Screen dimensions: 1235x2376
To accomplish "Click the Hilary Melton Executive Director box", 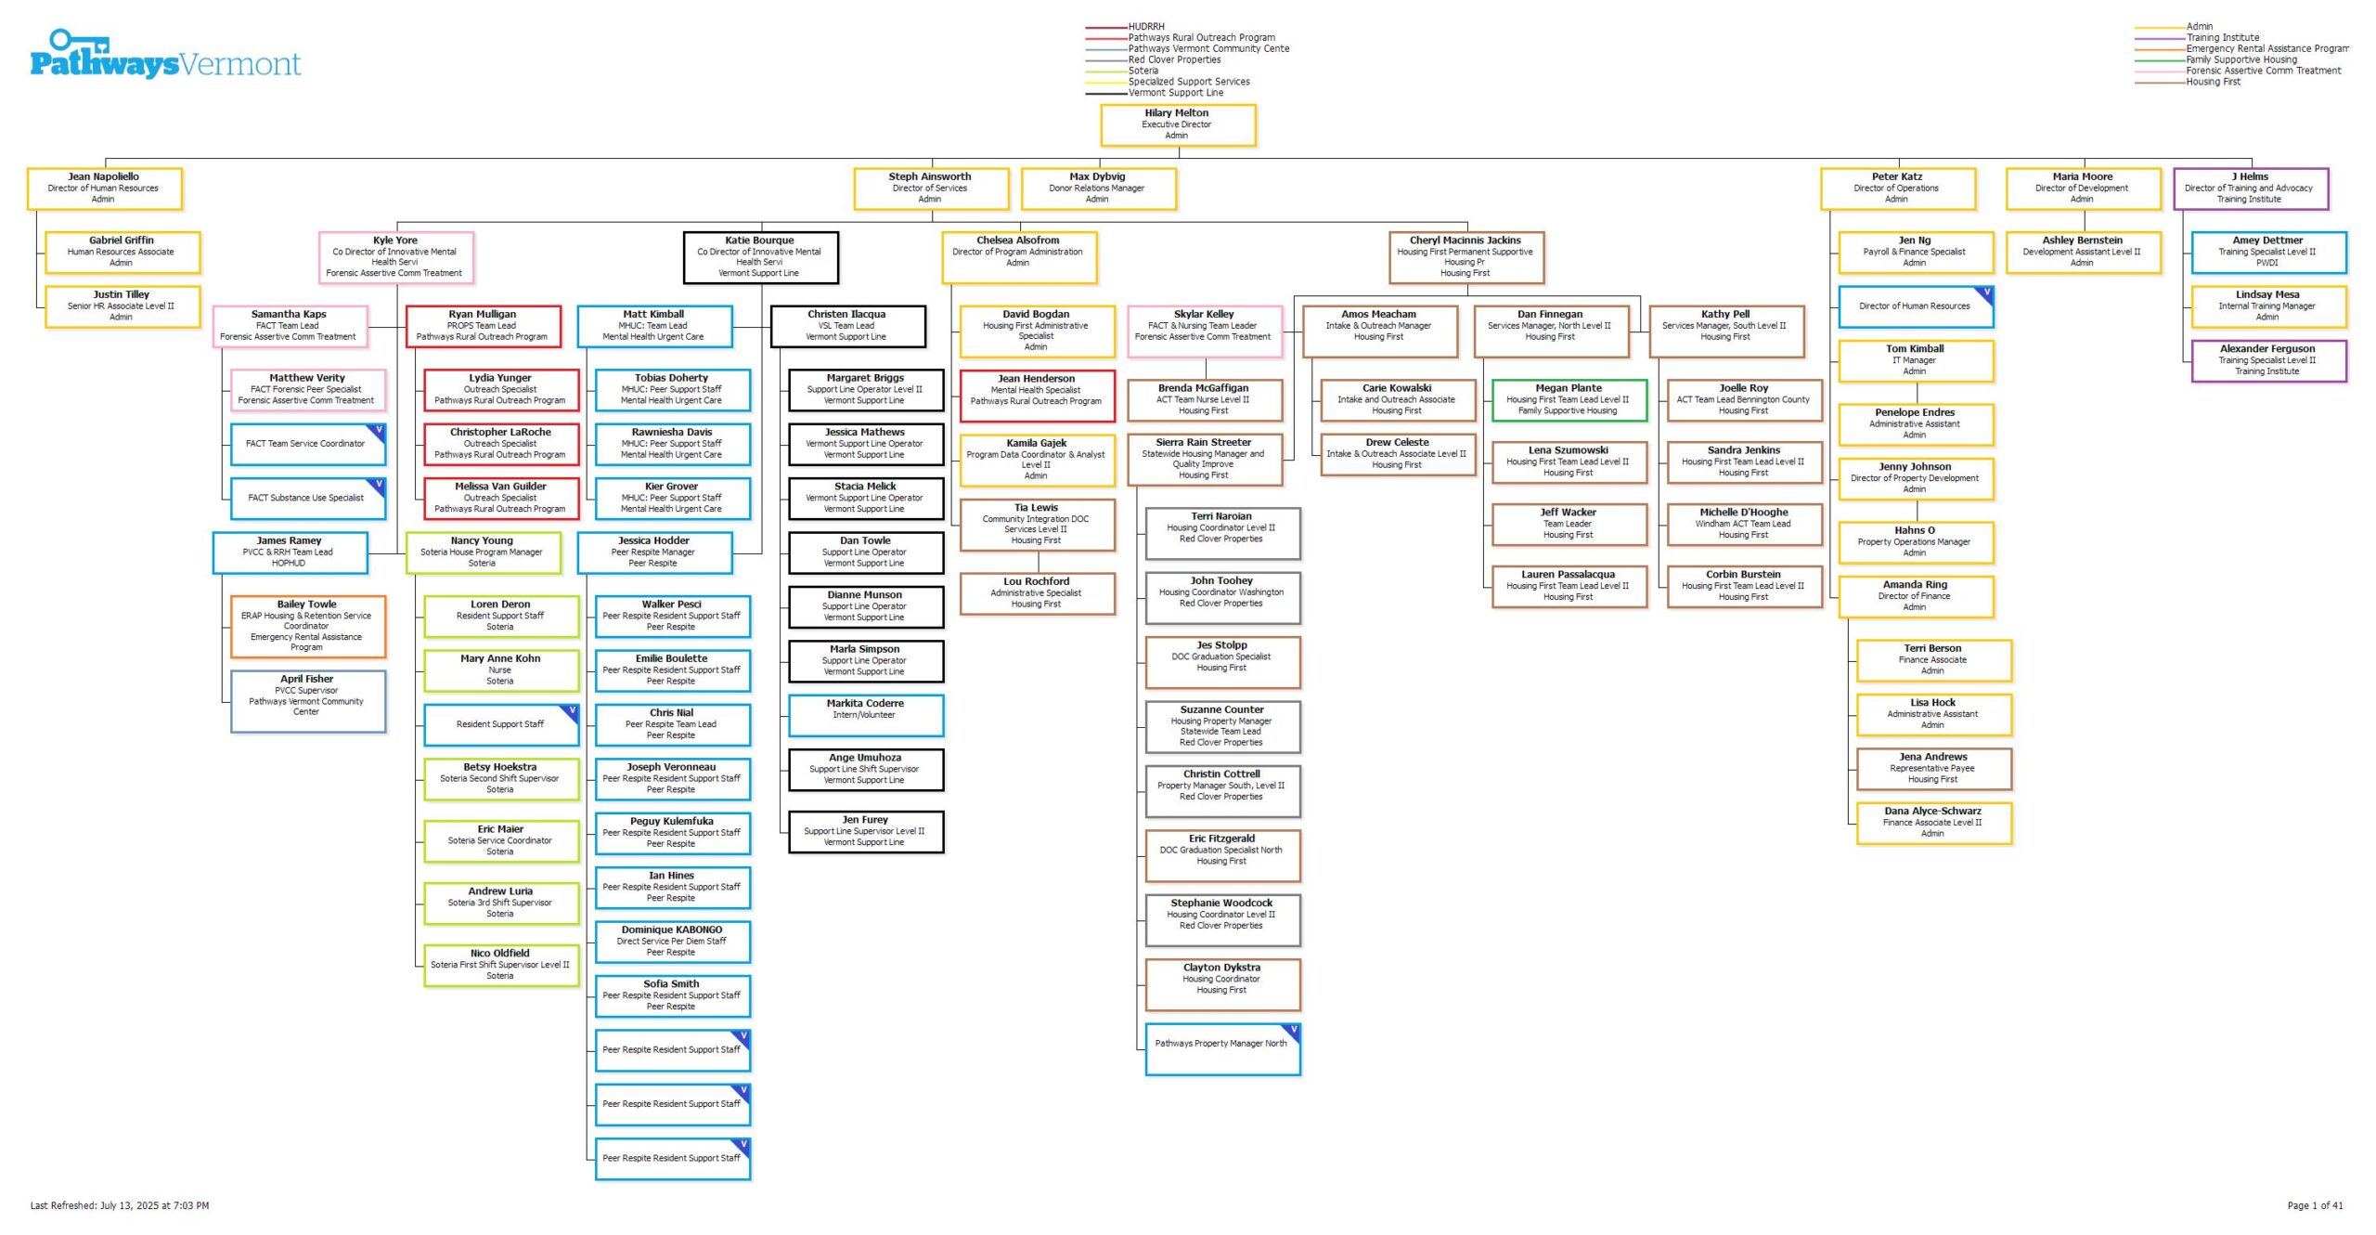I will coord(1177,124).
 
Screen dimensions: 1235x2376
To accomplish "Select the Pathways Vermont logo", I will coord(165,55).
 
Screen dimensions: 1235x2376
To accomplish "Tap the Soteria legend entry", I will coord(1143,71).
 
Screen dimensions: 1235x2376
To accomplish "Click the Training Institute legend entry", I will coord(2222,38).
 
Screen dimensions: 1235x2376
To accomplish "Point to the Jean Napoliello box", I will coord(104,188).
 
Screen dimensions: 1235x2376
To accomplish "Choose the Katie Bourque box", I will coord(760,256).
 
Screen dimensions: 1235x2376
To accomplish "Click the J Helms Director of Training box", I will coord(2250,188).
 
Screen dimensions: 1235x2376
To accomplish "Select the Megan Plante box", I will coord(1568,399).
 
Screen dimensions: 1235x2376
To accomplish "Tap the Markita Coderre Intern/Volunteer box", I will coord(865,714).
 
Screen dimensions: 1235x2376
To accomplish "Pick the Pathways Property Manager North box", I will coord(1221,1048).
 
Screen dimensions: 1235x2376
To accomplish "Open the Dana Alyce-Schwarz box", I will coord(1932,822).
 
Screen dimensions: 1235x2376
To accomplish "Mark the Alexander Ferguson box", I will coord(2267,359).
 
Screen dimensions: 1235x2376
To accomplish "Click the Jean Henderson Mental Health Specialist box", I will coord(1036,395).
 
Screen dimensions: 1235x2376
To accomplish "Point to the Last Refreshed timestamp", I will coord(120,1205).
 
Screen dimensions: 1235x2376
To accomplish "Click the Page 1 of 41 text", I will coord(2315,1205).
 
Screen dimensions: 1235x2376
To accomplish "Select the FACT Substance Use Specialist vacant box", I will coord(307,498).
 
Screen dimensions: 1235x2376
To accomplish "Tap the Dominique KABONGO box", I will coord(672,941).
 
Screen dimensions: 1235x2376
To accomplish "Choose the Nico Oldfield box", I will coord(500,964).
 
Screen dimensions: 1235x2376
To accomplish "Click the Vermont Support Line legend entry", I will coord(1175,93).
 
